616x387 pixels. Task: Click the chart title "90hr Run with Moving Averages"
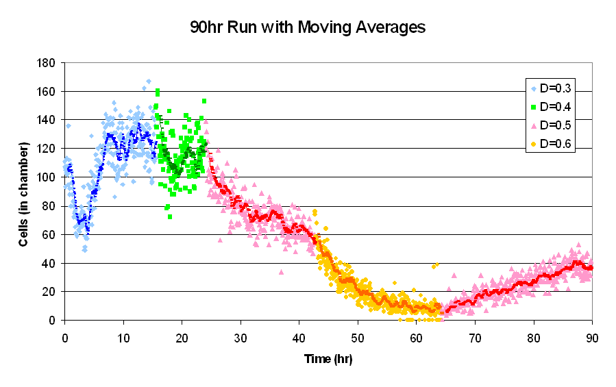[308, 28]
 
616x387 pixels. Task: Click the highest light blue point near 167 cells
[148, 82]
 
